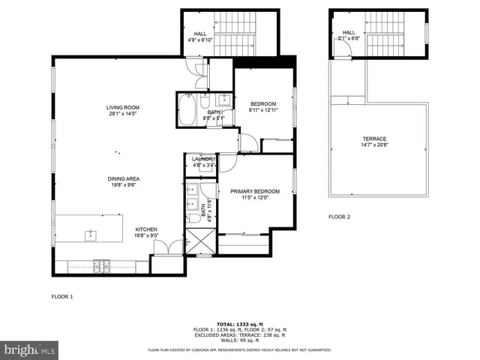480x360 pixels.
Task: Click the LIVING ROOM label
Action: click(123, 107)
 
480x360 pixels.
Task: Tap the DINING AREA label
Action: click(123, 178)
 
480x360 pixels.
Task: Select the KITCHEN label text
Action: click(145, 229)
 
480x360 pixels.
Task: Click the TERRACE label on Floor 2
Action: click(374, 139)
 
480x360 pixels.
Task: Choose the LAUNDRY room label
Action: click(204, 159)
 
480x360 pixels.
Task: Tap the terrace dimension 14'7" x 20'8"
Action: click(374, 145)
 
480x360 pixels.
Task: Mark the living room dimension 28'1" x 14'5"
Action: click(123, 114)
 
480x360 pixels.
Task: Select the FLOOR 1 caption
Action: click(62, 296)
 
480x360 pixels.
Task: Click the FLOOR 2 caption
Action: click(339, 217)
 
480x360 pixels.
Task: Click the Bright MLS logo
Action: click(29, 350)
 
